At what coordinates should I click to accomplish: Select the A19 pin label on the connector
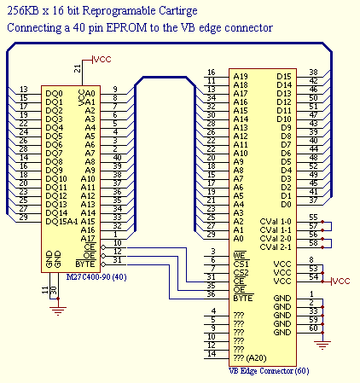[x=241, y=74]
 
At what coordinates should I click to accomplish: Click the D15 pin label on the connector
[x=284, y=74]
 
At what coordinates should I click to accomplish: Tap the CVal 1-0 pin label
[x=276, y=219]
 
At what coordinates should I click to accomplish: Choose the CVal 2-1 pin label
[x=276, y=247]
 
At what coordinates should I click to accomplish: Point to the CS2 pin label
[x=241, y=272]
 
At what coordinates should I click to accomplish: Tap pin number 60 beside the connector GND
[x=313, y=328]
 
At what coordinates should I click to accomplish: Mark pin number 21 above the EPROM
[x=78, y=67]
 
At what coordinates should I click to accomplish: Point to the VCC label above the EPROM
[x=102, y=59]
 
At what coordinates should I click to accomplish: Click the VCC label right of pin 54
[x=340, y=281]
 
